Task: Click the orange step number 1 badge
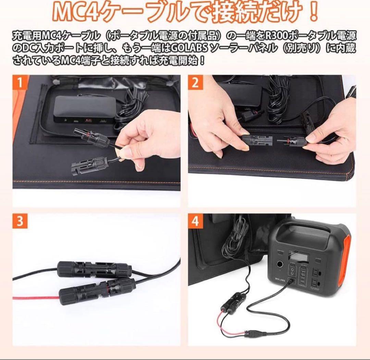(x=20, y=83)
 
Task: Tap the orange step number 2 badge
(x=195, y=83)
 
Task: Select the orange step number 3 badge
(x=20, y=221)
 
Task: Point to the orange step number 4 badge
(x=195, y=221)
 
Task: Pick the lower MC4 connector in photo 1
(x=87, y=163)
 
